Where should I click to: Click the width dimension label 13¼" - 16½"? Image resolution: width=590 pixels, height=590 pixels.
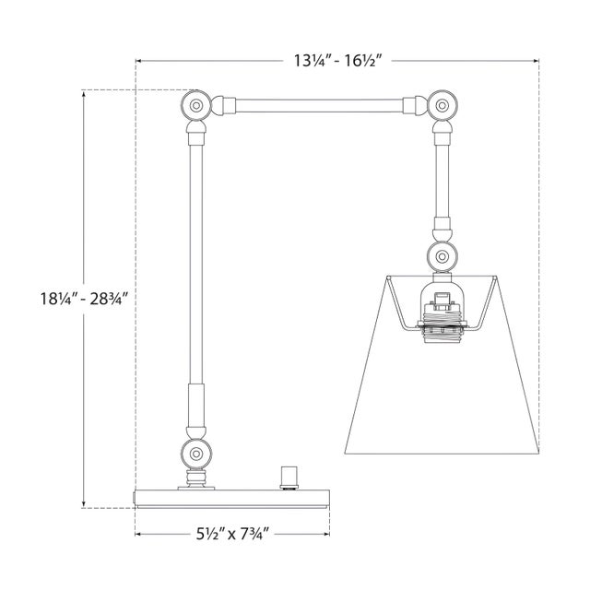click(x=337, y=61)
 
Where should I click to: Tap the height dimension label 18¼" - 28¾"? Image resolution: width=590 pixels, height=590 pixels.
click(x=85, y=299)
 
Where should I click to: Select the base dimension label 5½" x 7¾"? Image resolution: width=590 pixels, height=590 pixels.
click(x=232, y=534)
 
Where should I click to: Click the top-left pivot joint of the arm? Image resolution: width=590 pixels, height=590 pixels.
click(x=195, y=105)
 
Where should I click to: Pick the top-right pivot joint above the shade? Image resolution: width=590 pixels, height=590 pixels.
click(x=442, y=105)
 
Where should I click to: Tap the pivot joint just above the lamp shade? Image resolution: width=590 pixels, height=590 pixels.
click(x=442, y=256)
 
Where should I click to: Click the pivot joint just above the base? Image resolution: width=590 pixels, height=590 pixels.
click(x=195, y=454)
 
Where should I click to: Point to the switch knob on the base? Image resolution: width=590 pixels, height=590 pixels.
click(x=289, y=478)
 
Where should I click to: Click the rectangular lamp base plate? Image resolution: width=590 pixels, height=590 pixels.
click(x=232, y=499)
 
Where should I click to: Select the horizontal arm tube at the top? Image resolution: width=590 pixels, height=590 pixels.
click(x=319, y=106)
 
